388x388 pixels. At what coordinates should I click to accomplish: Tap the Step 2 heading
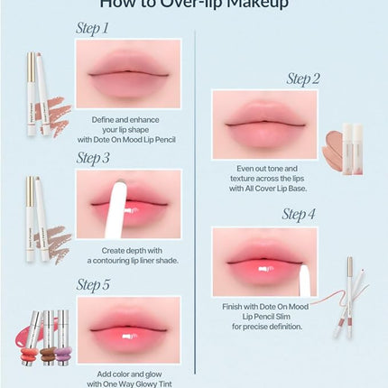[x=303, y=79]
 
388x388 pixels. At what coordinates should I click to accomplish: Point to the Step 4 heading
[x=300, y=215]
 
